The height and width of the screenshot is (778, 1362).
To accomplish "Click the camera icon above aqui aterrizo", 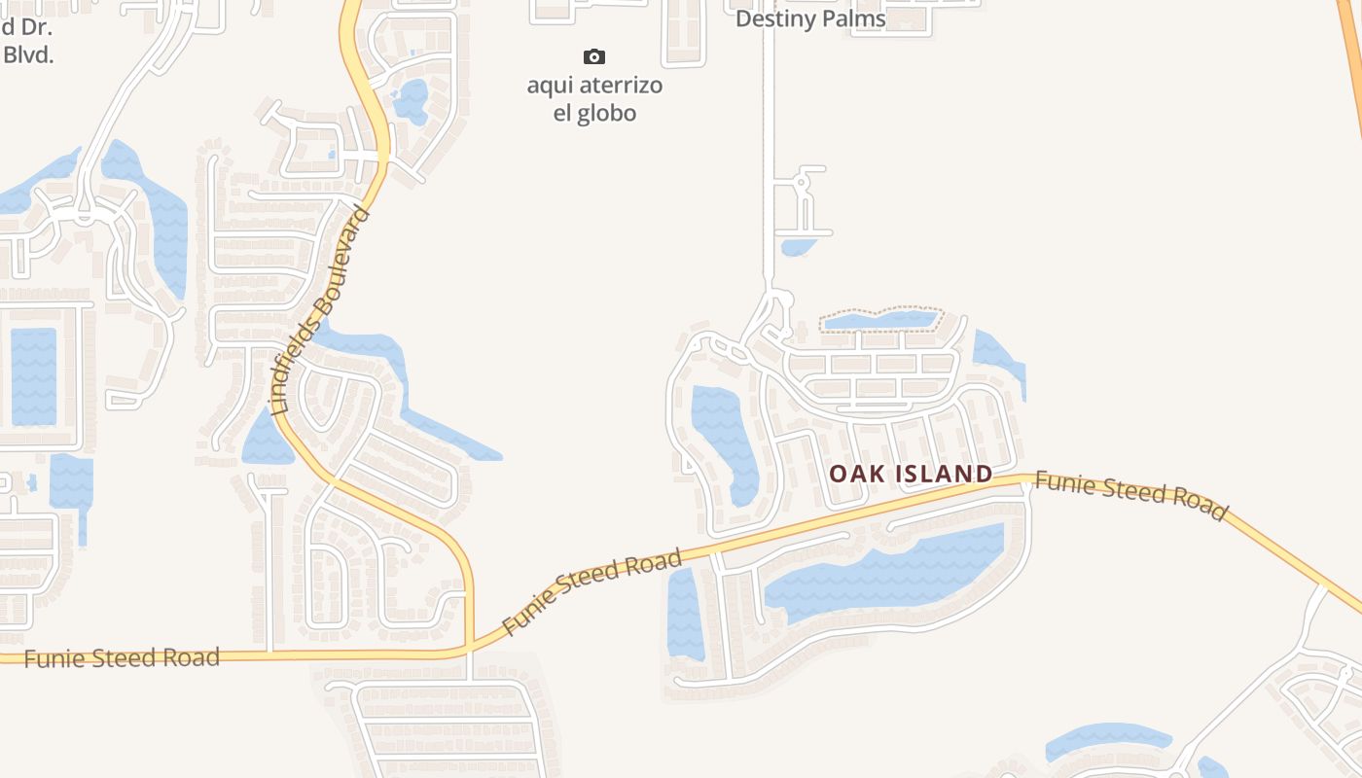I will (594, 57).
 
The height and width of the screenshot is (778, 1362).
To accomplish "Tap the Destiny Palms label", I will (810, 18).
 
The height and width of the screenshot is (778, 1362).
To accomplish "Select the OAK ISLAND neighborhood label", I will (911, 474).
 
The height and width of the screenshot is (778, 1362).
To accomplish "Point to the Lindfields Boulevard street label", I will (321, 311).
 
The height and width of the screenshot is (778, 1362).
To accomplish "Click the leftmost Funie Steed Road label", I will (122, 657).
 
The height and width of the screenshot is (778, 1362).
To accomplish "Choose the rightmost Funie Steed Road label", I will (1130, 495).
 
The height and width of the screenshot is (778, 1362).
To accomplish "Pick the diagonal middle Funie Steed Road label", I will (591, 591).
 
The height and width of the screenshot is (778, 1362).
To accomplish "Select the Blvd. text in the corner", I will (28, 54).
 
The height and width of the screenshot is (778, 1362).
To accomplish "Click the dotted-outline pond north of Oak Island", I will (880, 320).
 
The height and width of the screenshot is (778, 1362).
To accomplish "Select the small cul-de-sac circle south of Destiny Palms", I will (803, 181).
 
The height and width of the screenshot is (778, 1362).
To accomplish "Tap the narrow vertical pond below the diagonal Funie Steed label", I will (684, 613).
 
